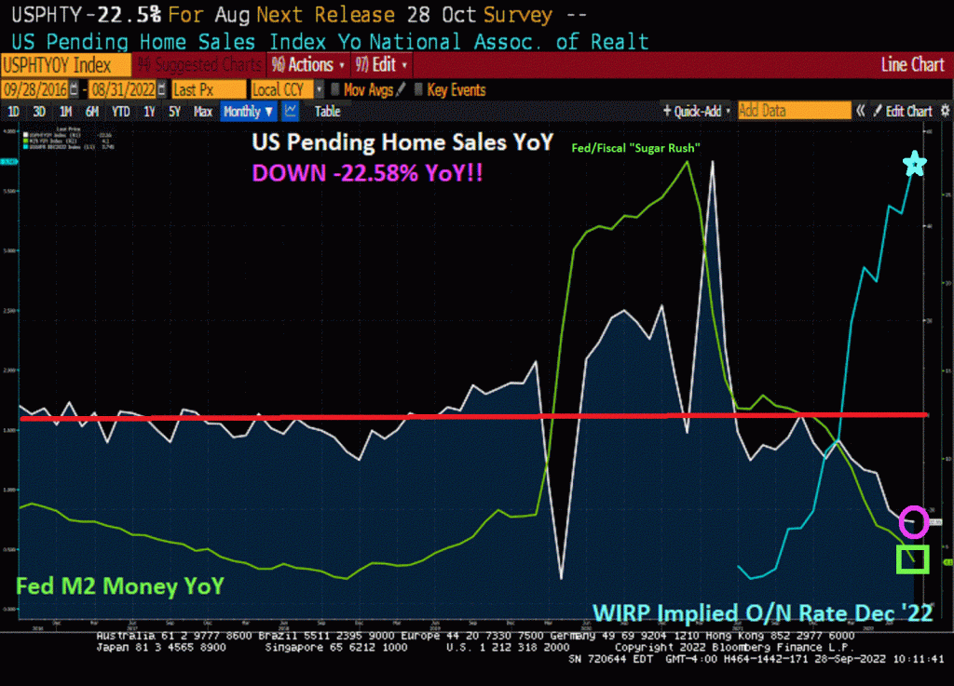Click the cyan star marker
916,166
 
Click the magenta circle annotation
914,522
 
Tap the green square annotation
912,558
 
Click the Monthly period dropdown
248,111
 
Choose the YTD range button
120,111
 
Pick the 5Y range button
174,111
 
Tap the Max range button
202,111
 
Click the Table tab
327,111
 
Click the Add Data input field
793,111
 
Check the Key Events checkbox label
456,89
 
